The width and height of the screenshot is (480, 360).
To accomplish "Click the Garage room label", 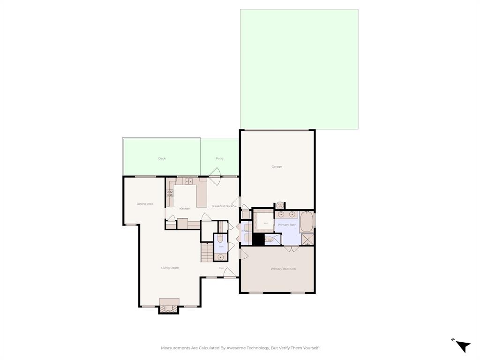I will click(277, 167).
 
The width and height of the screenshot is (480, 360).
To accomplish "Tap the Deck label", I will click(162, 158).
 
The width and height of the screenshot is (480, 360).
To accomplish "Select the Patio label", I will click(219, 158).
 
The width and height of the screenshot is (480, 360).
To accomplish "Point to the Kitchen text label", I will click(185, 209).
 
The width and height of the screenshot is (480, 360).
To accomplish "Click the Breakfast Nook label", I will click(222, 206).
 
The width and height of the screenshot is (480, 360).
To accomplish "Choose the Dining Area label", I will click(145, 204).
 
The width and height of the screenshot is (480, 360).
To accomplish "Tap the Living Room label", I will click(170, 268).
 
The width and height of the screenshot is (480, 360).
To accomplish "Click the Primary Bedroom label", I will click(283, 269).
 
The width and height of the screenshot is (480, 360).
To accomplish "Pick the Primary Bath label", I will click(287, 225).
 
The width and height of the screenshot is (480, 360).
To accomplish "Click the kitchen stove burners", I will click(169, 195).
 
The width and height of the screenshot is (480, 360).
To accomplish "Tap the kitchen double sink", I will click(188, 181).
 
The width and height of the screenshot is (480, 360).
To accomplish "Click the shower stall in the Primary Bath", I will click(307, 240).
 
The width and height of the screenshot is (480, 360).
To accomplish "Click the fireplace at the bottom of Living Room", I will click(169, 305).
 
